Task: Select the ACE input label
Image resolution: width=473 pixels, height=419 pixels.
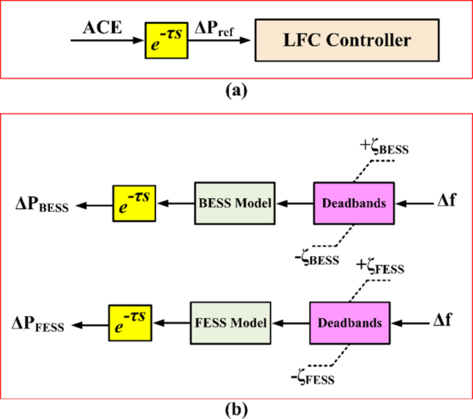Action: pyautogui.click(x=102, y=28)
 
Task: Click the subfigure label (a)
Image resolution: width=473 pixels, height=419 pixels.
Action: pyautogui.click(x=237, y=90)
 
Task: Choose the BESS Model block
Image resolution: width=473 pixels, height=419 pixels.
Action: pyautogui.click(x=235, y=203)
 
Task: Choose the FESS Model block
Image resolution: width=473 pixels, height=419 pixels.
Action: pyautogui.click(x=231, y=322)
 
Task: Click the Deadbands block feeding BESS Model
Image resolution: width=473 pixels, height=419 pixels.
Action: pyautogui.click(x=354, y=203)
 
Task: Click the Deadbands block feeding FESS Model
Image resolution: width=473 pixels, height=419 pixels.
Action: pyautogui.click(x=350, y=322)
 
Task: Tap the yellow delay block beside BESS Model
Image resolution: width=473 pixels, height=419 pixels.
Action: pyautogui.click(x=134, y=203)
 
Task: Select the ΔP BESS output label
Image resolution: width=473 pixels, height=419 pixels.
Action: pyautogui.click(x=43, y=204)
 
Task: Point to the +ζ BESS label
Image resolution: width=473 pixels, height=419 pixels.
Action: pyautogui.click(x=385, y=146)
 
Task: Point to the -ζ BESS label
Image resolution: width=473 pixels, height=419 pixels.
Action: pyautogui.click(x=316, y=259)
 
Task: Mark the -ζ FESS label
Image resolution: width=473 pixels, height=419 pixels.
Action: pyautogui.click(x=313, y=379)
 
